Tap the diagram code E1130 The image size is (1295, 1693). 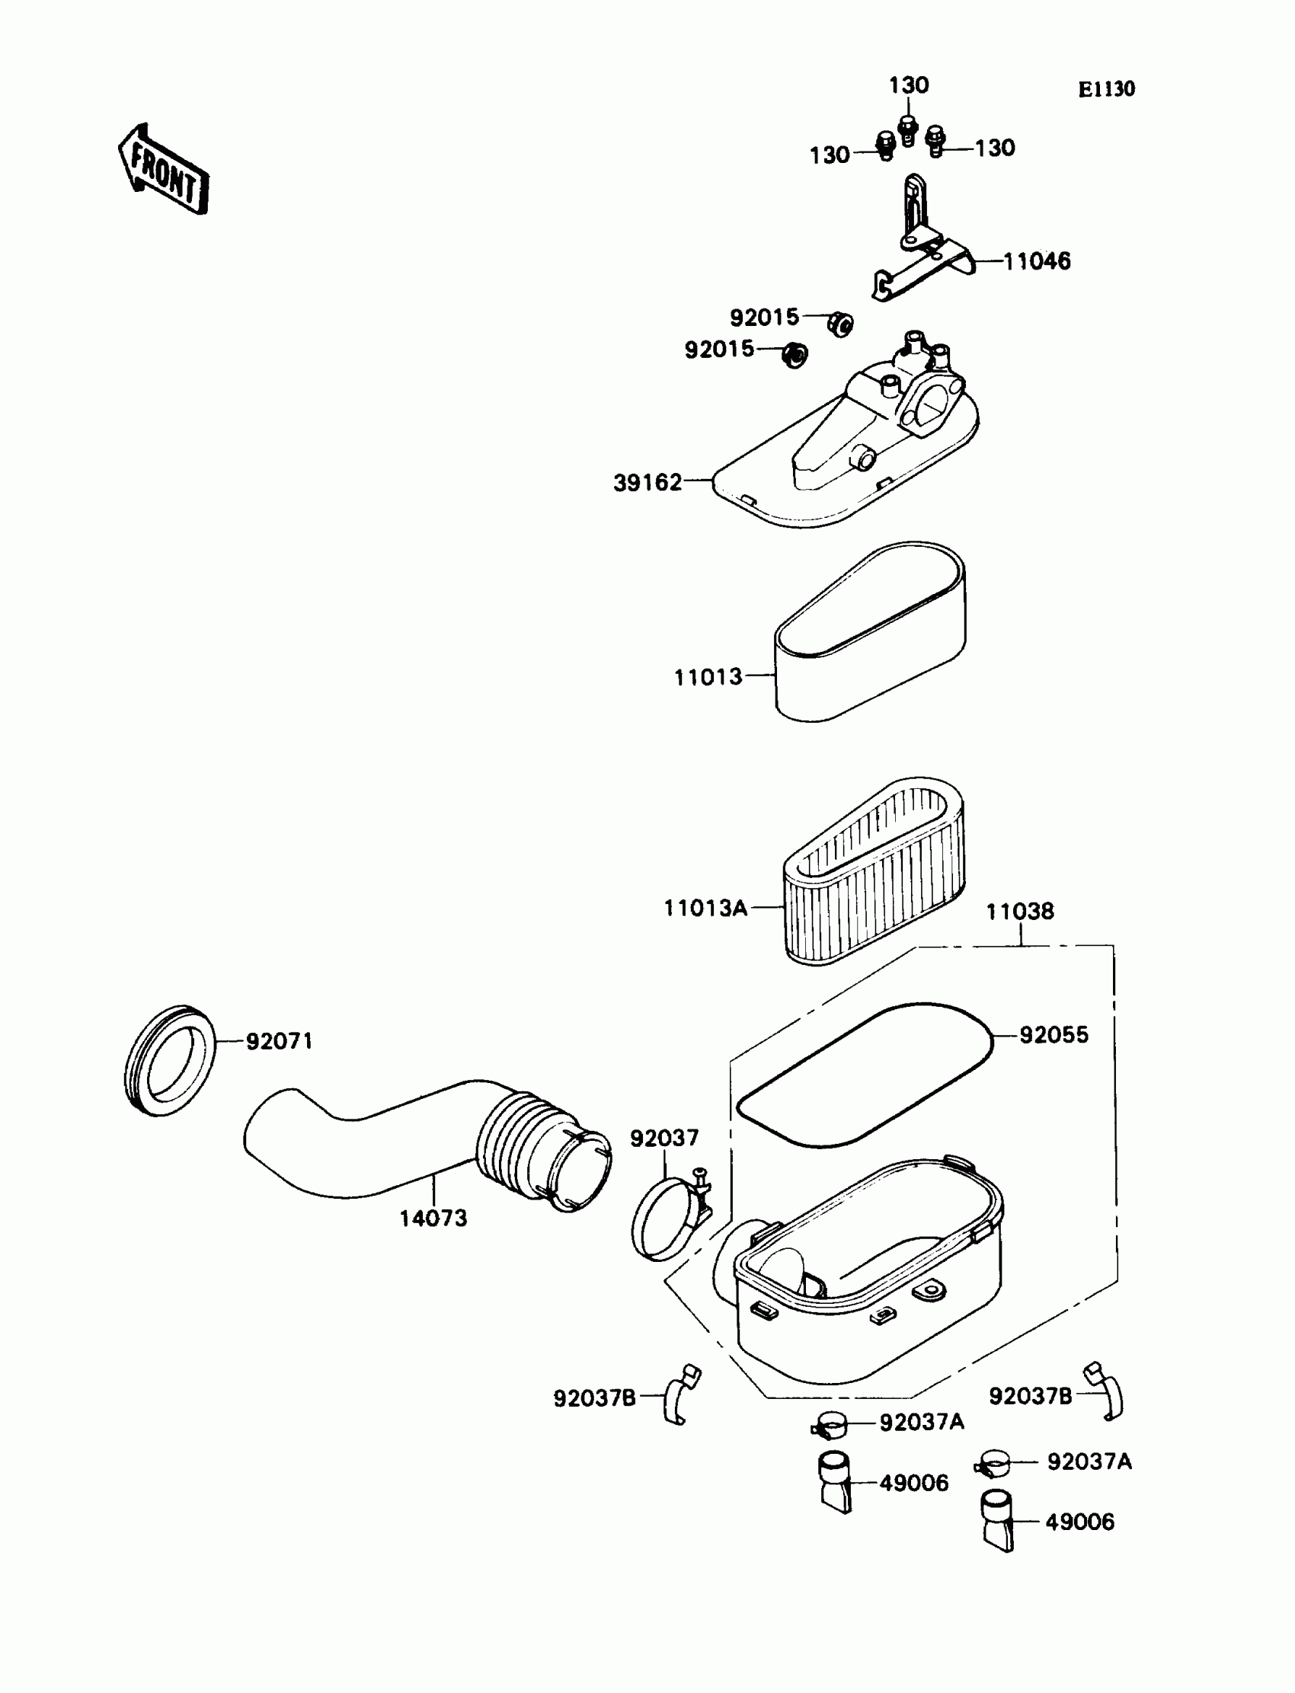1106,89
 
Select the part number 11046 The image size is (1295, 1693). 1037,261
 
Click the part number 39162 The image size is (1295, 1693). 647,482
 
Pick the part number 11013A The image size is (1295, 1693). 705,908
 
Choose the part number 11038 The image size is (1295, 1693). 1020,911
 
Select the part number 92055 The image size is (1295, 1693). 1054,1034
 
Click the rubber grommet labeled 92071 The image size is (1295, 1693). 170,1060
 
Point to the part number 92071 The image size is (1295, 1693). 279,1041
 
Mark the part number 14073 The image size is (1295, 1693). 433,1219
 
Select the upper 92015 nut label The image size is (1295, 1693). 765,317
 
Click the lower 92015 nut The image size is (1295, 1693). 794,354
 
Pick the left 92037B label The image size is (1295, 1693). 594,1397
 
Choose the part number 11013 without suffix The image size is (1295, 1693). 708,676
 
